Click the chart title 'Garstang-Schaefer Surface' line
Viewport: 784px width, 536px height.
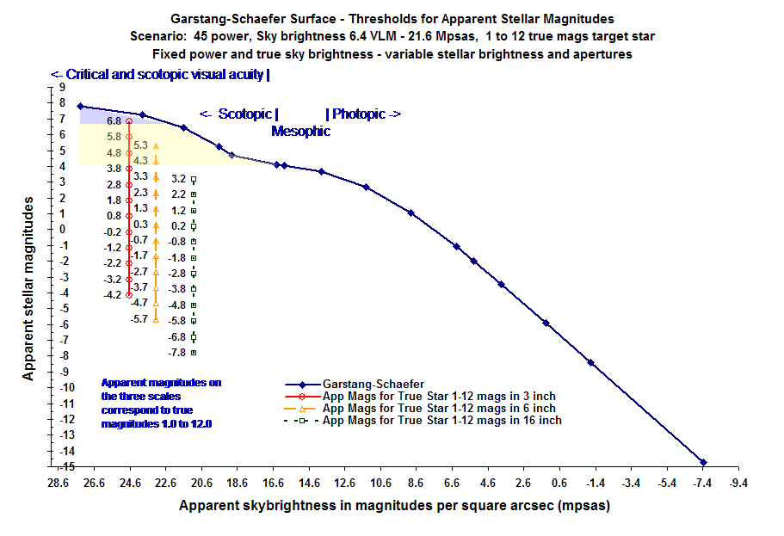[391, 17]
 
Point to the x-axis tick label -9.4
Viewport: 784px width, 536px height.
[738, 484]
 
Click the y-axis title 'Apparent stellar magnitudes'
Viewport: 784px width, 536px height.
[28, 286]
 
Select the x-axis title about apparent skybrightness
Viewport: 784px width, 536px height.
[394, 506]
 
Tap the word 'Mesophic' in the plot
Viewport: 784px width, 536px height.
[300, 132]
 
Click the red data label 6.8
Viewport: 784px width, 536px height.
[114, 121]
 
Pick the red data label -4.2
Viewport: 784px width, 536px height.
[113, 295]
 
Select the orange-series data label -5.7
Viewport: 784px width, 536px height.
[139, 319]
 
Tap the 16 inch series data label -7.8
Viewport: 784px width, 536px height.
[177, 353]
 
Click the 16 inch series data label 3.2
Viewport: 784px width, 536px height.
[178, 179]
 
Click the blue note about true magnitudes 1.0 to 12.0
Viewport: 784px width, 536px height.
[161, 403]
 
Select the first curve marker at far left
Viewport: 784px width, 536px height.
[80, 106]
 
